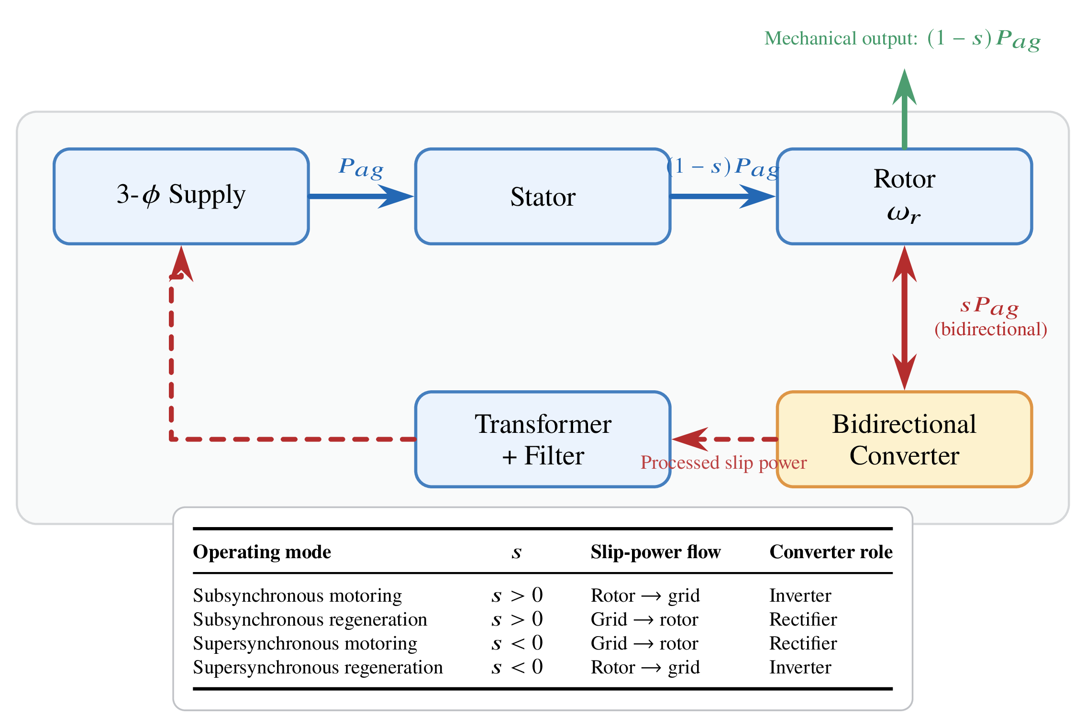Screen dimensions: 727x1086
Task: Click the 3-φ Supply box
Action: point(181,196)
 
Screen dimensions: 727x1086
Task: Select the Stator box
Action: point(543,196)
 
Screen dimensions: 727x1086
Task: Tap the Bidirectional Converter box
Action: point(904,439)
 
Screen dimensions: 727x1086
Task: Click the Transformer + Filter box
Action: point(543,439)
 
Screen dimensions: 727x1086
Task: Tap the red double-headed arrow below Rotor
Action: point(904,318)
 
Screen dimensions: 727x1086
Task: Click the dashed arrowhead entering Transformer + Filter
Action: point(689,439)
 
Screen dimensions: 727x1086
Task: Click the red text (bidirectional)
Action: point(991,329)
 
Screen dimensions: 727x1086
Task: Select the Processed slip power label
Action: point(723,463)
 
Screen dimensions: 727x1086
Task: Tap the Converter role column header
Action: point(831,552)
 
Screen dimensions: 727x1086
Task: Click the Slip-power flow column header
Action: point(655,552)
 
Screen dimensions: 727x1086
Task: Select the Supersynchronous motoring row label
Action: point(305,643)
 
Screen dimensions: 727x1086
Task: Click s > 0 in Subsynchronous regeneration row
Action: point(517,619)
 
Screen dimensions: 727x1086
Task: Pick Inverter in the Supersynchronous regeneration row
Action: point(800,667)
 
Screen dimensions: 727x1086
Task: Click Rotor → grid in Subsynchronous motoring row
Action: point(645,595)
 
